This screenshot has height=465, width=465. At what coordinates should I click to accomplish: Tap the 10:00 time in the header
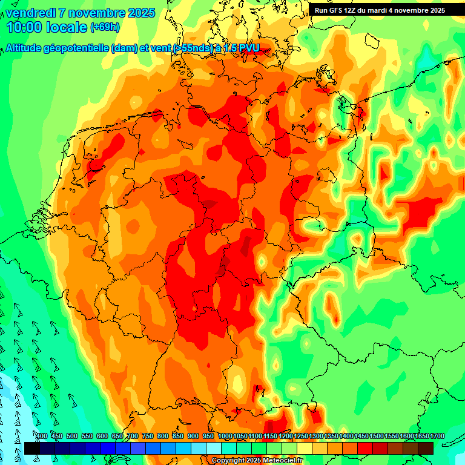(24, 27)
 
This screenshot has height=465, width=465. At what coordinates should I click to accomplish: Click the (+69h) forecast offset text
(105, 27)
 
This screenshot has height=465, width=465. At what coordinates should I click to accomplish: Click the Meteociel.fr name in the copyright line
(280, 461)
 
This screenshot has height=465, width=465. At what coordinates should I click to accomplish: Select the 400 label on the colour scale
(42, 437)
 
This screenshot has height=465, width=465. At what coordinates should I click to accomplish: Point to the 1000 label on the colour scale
(225, 437)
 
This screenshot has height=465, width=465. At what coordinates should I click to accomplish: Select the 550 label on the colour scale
(87, 437)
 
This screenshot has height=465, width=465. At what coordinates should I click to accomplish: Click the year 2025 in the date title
(142, 13)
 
